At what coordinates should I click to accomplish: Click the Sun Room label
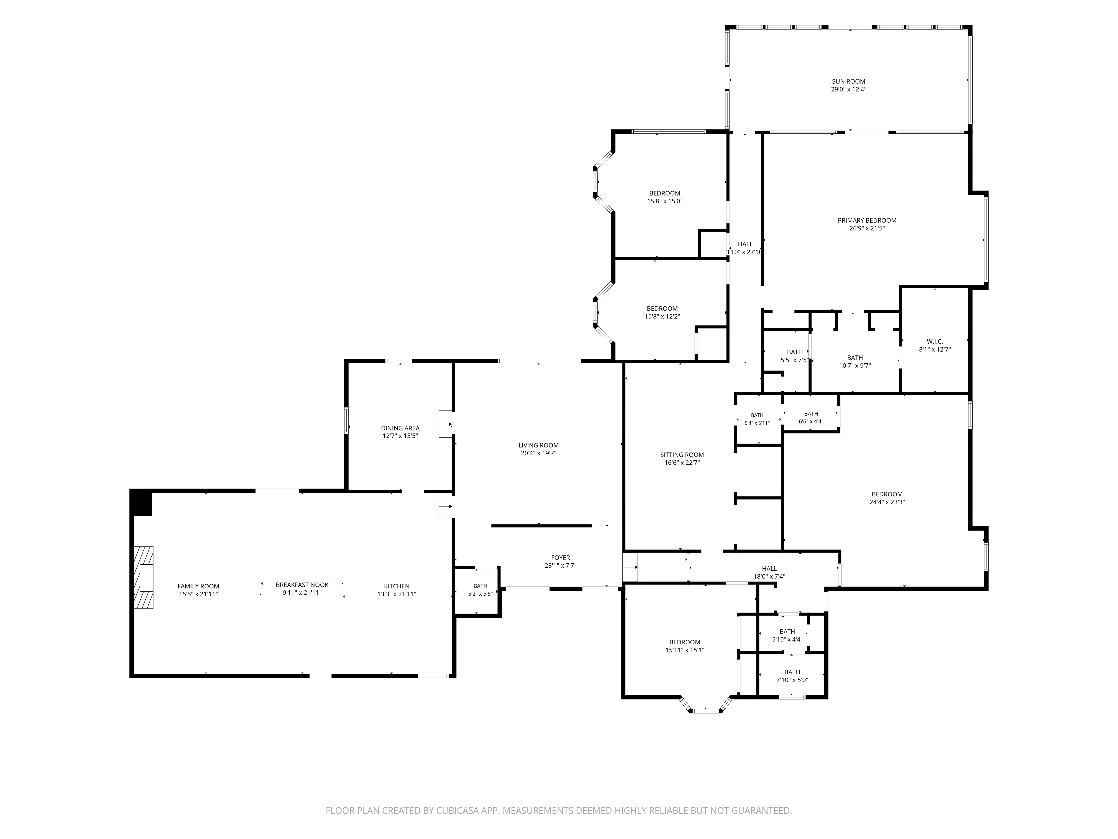(849, 81)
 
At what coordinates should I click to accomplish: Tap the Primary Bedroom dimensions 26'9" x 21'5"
(867, 228)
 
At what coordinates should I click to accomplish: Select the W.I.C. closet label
(935, 341)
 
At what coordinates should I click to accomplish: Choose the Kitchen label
(397, 587)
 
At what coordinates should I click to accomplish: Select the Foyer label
(560, 558)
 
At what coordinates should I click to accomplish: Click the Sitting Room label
(682, 455)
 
